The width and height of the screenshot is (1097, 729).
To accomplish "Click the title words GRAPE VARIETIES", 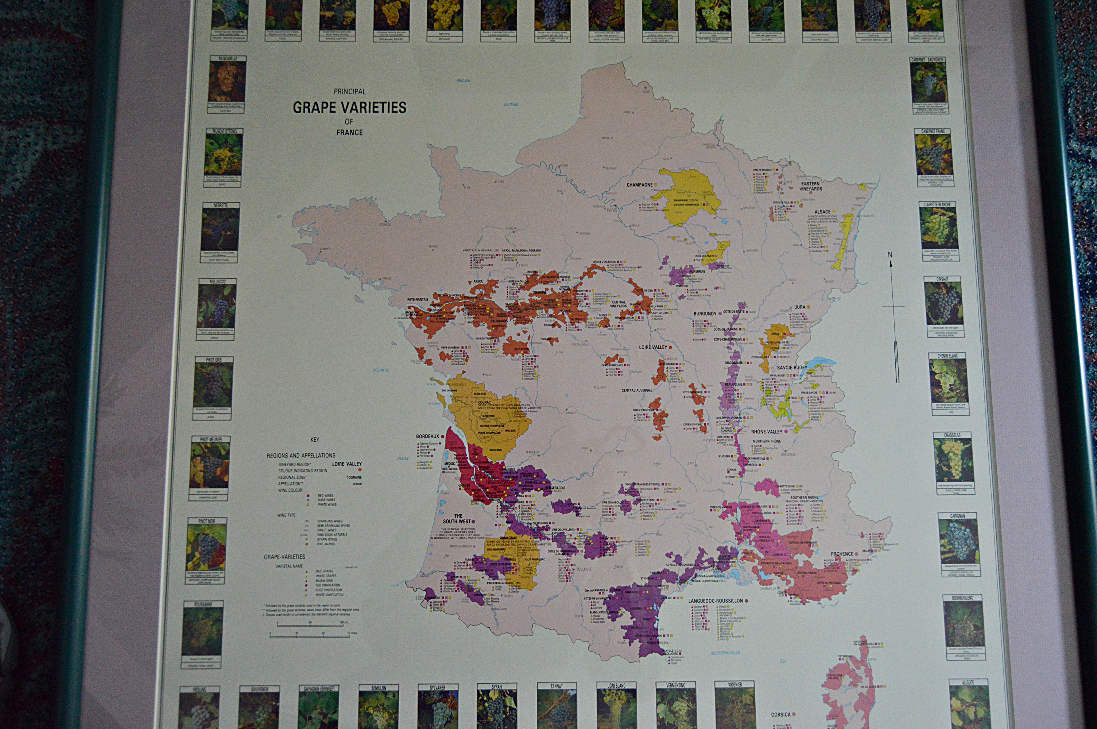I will coord(349,108).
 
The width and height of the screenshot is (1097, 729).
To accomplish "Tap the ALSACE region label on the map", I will coord(822,212).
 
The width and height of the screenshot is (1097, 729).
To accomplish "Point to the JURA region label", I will coord(799,307).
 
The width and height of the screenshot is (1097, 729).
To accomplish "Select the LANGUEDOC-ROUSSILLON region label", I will coord(715,601).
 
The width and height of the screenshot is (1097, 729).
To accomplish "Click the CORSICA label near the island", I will coord(781,714).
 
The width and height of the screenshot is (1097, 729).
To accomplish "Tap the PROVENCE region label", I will coord(842,554).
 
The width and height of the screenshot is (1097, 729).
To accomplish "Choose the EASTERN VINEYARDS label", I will coord(811,186).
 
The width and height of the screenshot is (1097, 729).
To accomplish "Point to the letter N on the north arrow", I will coord(890,255).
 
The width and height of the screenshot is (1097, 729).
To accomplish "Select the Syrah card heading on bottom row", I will coord(496,687).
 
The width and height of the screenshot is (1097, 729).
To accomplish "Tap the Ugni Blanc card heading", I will coord(616,686).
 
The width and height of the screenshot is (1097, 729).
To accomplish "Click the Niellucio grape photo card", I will coord(217,309).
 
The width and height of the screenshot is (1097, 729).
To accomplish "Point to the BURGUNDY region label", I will coord(705,314).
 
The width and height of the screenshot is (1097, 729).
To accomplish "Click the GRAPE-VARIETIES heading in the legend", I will coord(284,557).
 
